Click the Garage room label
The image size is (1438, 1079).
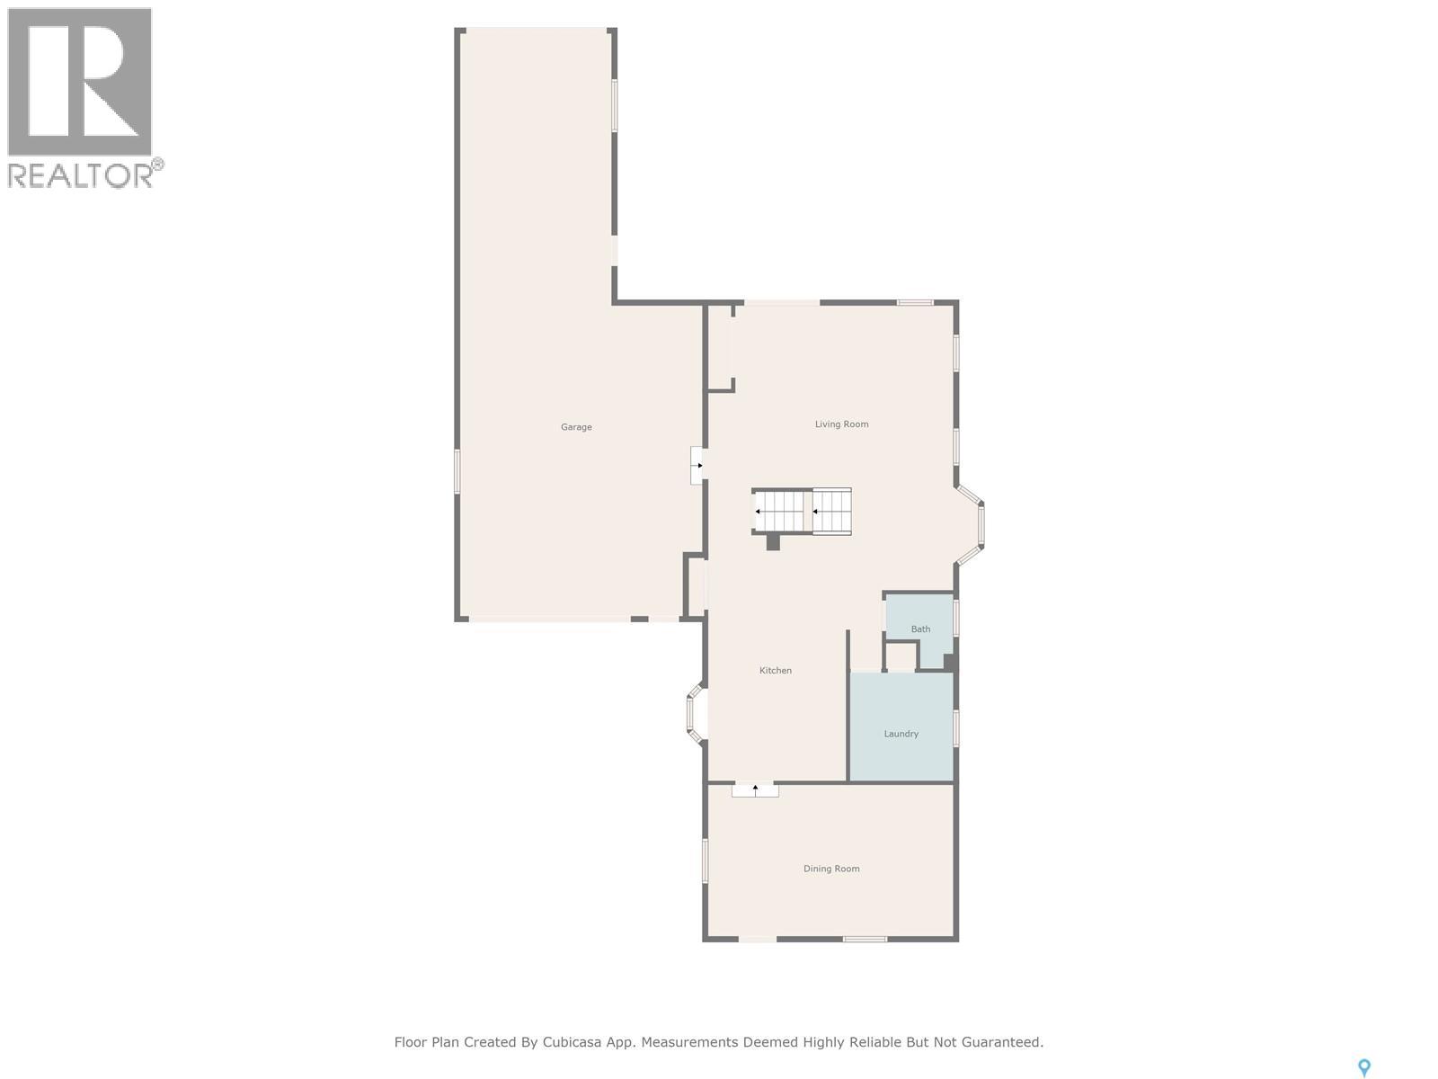point(576,427)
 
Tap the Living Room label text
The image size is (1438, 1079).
point(841,424)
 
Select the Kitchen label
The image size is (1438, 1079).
point(776,671)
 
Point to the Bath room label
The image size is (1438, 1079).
point(920,629)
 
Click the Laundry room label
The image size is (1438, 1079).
point(901,734)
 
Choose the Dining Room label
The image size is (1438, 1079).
point(831,869)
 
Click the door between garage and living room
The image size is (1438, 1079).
point(697,466)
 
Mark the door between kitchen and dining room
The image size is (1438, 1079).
point(755,789)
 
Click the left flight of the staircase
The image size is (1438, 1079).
point(780,512)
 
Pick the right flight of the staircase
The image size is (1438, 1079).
point(832,512)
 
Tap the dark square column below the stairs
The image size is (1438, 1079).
point(773,542)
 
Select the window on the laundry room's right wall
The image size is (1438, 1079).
point(956,727)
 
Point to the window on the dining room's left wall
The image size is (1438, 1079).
point(705,861)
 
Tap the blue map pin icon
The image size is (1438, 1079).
point(1363,1067)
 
